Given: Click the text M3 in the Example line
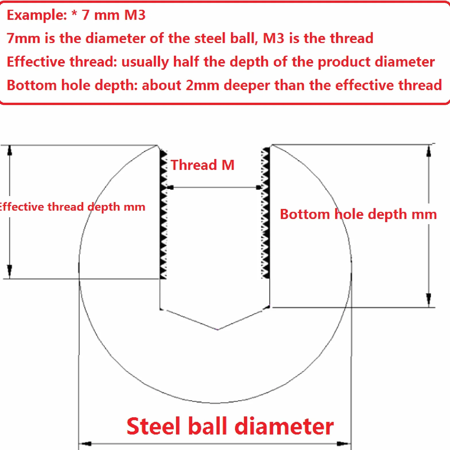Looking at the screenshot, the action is coord(135,15).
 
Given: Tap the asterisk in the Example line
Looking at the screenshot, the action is coord(74,13).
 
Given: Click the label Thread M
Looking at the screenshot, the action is coord(203,165).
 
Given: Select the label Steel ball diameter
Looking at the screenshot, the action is coord(230,426).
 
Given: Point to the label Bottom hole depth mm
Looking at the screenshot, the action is coord(358,215).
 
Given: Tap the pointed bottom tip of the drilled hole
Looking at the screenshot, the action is coord(218,329).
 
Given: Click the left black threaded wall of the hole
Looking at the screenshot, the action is coord(163,214).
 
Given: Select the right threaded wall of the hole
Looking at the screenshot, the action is coord(265,213).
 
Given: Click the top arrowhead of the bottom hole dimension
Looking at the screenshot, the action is coord(429,151).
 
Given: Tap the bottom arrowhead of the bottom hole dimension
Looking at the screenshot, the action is coord(429,300).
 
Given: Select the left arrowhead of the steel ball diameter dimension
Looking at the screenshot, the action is coord(85,444).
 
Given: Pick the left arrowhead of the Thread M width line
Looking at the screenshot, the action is coord(170,187).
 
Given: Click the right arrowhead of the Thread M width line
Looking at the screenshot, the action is coord(258,187).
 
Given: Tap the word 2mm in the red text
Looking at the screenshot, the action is coord(202,85).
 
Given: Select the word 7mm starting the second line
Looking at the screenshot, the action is coord(23,38).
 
